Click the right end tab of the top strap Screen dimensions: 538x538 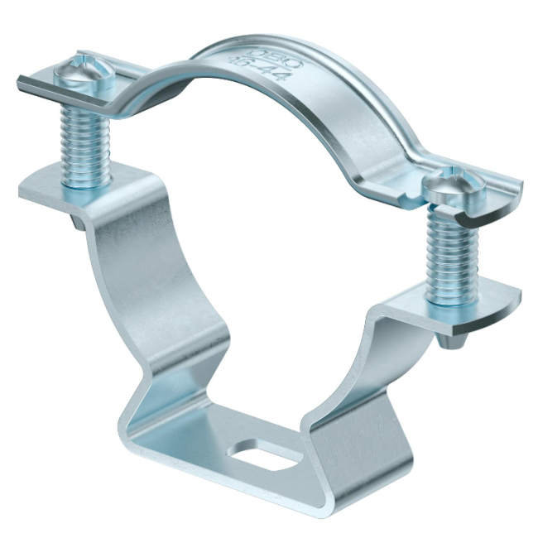click(x=497, y=199)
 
